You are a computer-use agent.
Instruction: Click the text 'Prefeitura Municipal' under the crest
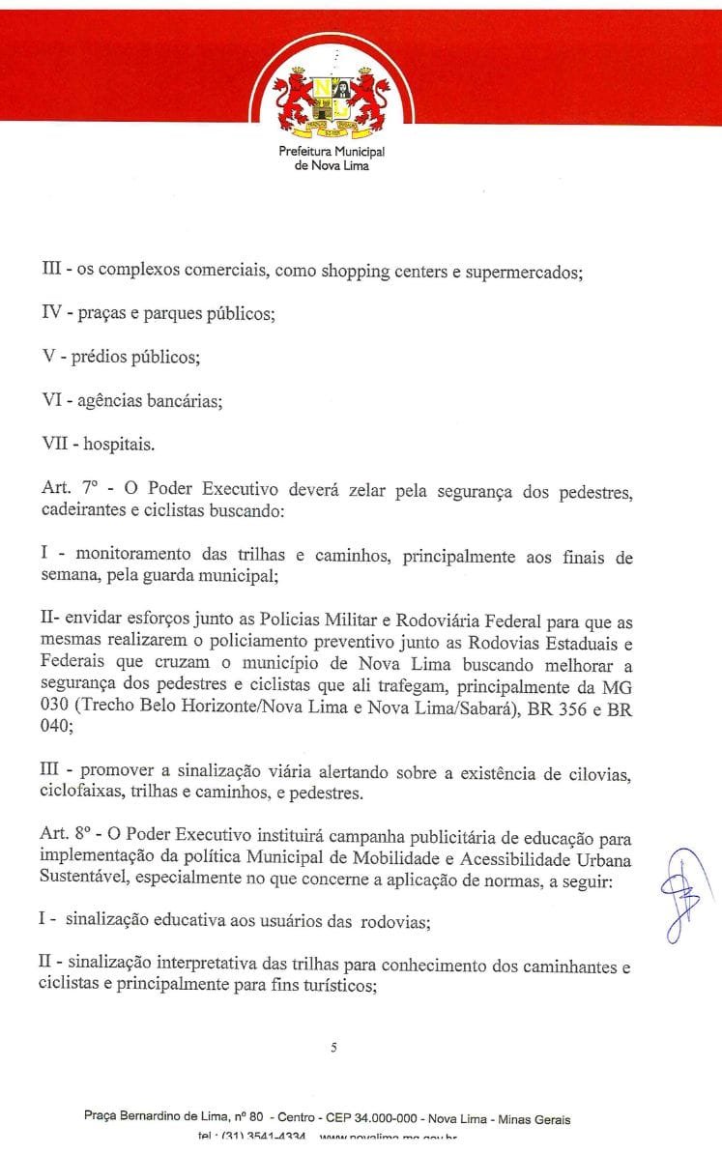pyautogui.click(x=331, y=153)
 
